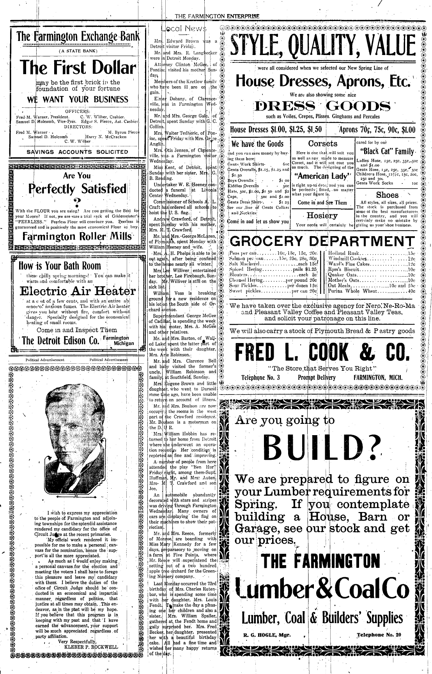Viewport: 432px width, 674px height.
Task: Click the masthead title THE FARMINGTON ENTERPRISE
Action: tap(217, 16)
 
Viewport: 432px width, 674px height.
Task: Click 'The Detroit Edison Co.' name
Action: tap(60, 340)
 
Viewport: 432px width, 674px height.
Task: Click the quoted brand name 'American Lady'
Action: tap(324, 176)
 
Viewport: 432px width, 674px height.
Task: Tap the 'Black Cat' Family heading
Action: tap(388, 151)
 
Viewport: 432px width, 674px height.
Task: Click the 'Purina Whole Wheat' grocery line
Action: tap(371, 291)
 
